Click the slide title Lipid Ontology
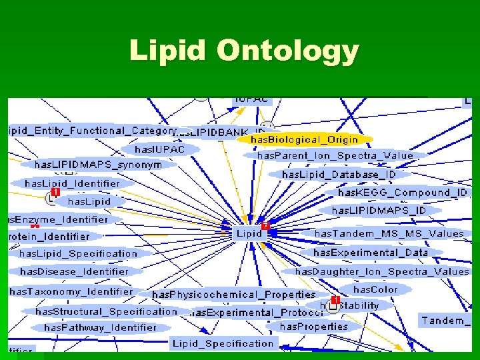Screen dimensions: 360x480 (244, 51)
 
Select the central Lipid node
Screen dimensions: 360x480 (249, 233)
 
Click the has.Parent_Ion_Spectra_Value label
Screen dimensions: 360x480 (335, 155)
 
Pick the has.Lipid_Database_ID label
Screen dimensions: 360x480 (339, 174)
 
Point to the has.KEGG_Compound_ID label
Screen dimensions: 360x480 (403, 192)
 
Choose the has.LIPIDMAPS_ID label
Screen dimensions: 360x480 (379, 210)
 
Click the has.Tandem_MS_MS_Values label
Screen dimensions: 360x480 (389, 233)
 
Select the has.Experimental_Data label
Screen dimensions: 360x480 (371, 253)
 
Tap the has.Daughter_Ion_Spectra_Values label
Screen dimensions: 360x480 (382, 271)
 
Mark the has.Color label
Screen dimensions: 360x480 (375, 289)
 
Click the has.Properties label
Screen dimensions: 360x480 (314, 326)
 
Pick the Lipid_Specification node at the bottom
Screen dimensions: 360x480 (223, 343)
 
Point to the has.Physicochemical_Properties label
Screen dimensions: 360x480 (234, 294)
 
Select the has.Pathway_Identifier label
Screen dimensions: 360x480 (100, 327)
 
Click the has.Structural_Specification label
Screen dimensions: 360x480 (107, 311)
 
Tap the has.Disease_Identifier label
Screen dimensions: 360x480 (74, 271)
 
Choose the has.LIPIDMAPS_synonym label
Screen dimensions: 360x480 (98, 164)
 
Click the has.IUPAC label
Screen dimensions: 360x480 (159, 149)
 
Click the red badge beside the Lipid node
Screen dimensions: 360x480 (265, 226)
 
